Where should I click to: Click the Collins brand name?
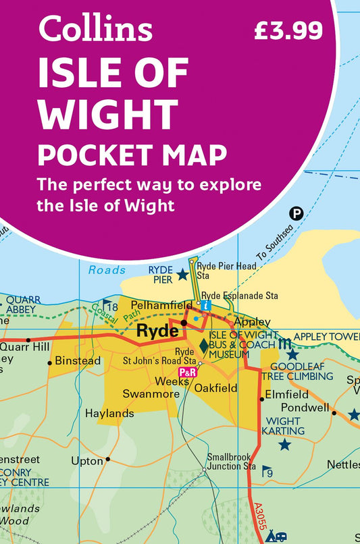(95, 29)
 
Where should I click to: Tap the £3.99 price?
(288, 30)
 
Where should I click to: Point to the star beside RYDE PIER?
(182, 275)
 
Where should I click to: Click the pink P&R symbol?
(187, 372)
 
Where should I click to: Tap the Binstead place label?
(78, 360)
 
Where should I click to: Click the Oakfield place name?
(215, 388)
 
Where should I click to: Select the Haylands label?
(109, 413)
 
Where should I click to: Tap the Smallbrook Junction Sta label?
(231, 461)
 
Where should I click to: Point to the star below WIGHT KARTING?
(285, 444)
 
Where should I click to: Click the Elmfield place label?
(286, 394)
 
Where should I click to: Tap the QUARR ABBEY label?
(24, 304)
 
